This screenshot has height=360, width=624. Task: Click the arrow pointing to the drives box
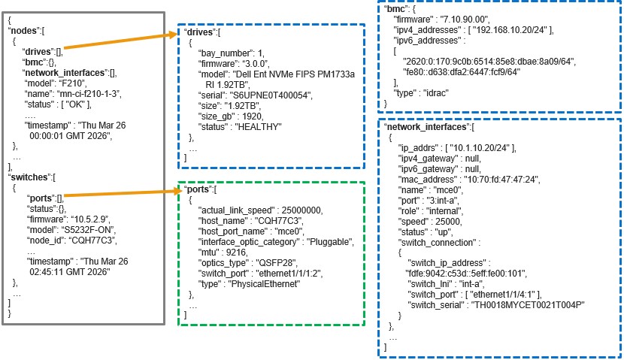(x=120, y=44)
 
